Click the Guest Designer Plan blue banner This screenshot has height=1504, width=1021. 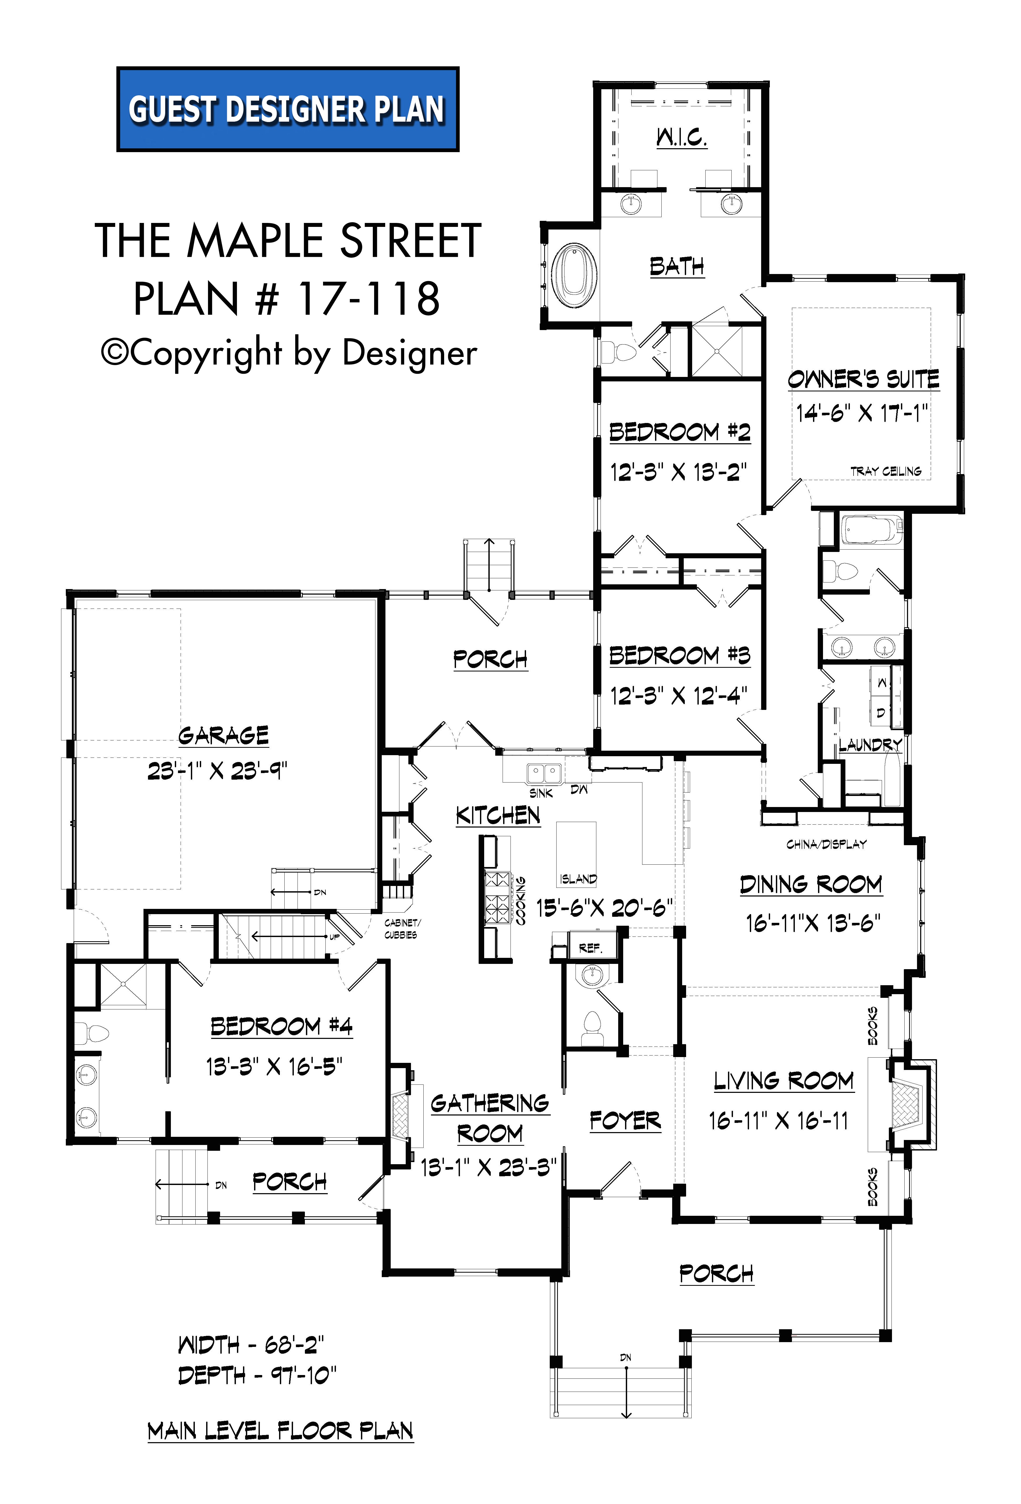(288, 109)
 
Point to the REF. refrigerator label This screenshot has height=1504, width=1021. (590, 949)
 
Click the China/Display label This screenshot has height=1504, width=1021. (826, 844)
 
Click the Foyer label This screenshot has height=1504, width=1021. (625, 1120)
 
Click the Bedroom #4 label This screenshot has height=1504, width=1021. (281, 1026)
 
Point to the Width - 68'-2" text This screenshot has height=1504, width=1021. (251, 1345)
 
